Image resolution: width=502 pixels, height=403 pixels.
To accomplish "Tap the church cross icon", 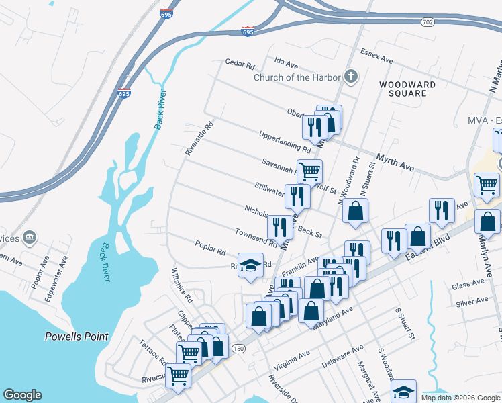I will coord(350,77).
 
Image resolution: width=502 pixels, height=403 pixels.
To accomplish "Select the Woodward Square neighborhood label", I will coord(407,89).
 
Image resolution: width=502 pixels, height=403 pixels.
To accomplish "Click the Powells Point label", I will coord(76,336).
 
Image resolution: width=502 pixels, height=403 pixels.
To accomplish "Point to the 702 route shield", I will coord(428,22).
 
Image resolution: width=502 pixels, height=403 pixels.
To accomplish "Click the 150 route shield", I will coord(238,349).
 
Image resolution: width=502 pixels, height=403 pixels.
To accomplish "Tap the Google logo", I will coord(22,395).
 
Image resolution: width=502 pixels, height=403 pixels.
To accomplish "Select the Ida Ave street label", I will coord(286,62).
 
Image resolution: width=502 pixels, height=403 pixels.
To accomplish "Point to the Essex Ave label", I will coord(376,56).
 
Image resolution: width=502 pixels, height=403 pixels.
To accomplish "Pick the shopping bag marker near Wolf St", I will coord(355,210).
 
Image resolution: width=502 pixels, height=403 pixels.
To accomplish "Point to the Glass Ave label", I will coord(468,285).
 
